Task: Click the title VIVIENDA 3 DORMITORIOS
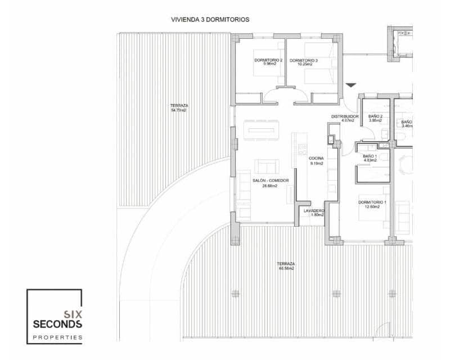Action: click(210, 19)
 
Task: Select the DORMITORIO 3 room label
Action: click(304, 60)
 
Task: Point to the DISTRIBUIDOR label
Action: click(343, 116)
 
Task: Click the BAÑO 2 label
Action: click(375, 116)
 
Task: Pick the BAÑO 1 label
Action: click(370, 156)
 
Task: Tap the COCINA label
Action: click(316, 159)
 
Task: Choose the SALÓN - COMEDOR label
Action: click(270, 181)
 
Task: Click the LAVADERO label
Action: click(314, 211)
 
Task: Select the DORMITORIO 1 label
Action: click(373, 202)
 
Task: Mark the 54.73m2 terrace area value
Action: click(179, 110)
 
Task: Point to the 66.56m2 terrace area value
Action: click(286, 268)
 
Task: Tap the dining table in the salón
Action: click(260, 129)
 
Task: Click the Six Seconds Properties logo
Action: click(55, 316)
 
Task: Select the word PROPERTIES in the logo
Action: click(57, 337)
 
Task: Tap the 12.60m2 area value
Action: click(373, 206)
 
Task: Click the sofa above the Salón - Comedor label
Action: click(266, 166)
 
